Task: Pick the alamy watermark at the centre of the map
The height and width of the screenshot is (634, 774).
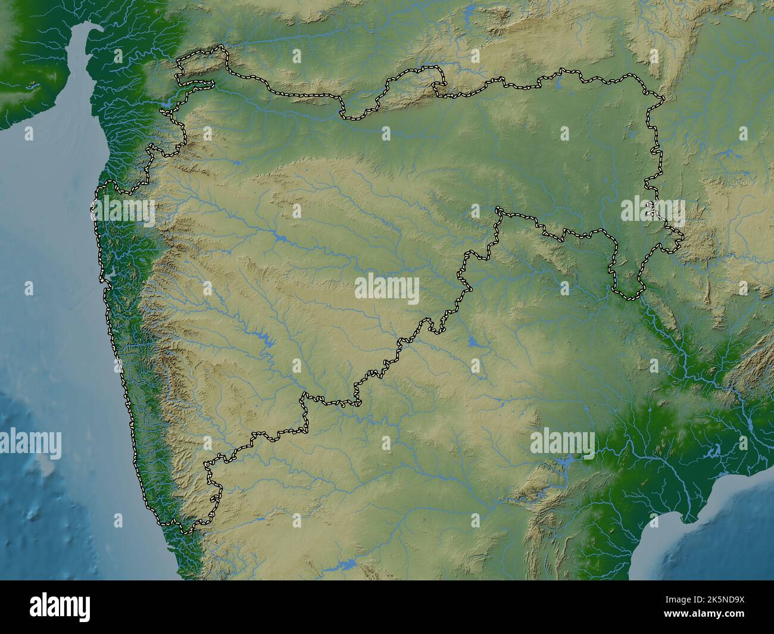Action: pos(387,290)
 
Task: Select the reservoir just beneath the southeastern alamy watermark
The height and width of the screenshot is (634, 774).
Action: pos(564,461)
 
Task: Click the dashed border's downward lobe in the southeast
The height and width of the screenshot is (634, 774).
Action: pos(628,293)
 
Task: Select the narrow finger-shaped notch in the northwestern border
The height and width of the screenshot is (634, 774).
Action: pos(196,83)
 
